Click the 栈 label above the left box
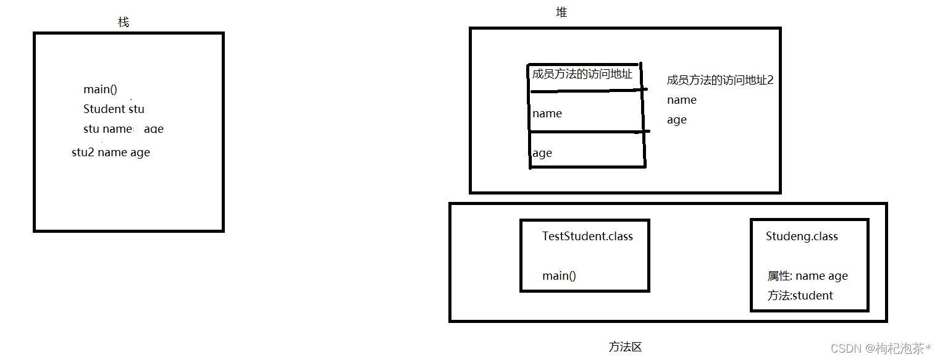124,22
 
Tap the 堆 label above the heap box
561,12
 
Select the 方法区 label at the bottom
625,347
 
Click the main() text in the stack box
100,90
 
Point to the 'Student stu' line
114,109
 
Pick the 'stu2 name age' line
111,153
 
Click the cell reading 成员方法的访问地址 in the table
582,75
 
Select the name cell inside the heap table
547,114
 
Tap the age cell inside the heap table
542,153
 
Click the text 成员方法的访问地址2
720,80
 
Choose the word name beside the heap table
681,100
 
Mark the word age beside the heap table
676,120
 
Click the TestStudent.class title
587,237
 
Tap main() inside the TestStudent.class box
559,276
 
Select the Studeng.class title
802,237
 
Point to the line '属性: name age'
807,277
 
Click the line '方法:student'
800,296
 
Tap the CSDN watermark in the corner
881,348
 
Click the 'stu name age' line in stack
123,129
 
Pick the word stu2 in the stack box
83,153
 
